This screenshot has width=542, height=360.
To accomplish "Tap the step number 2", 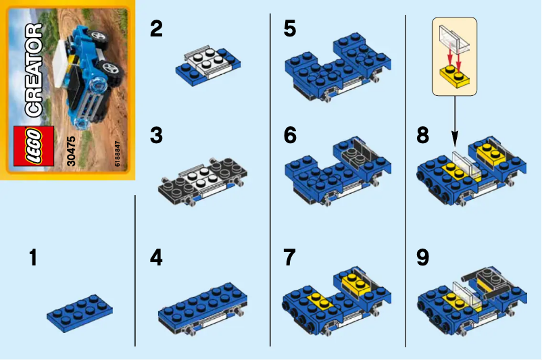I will (156, 30).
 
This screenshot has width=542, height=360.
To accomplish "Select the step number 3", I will (156, 136).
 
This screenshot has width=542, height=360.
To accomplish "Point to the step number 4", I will (156, 258).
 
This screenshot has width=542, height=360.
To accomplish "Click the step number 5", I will (290, 30).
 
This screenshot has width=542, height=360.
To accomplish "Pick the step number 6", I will (290, 136).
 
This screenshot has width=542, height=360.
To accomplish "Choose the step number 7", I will (290, 258).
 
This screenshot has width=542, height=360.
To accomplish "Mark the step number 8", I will (423, 136).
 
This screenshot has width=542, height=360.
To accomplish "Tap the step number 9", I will (423, 258).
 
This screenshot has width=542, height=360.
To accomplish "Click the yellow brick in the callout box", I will (454, 75).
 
